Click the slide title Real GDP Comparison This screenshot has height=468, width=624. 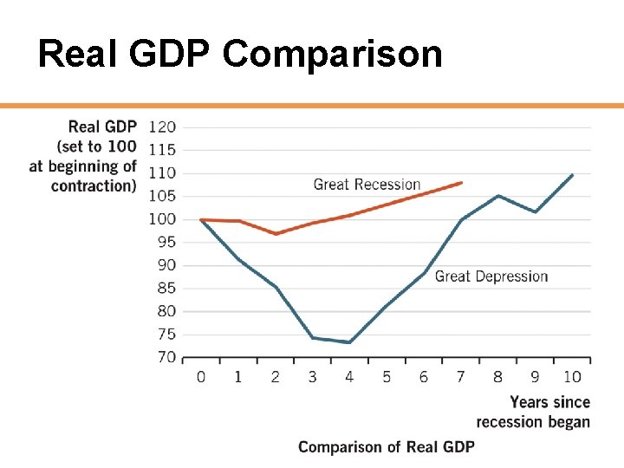(x=240, y=54)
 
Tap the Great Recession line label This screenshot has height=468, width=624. (x=367, y=185)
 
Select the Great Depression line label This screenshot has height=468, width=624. (x=491, y=276)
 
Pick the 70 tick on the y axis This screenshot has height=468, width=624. (x=166, y=357)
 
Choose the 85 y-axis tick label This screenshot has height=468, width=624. (x=166, y=288)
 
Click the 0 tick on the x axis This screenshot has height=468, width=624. (x=201, y=377)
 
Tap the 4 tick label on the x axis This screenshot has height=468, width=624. (x=349, y=377)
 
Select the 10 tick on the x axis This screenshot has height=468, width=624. (x=572, y=377)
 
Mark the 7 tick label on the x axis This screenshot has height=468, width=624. (x=461, y=377)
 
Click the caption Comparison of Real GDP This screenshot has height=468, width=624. (x=387, y=446)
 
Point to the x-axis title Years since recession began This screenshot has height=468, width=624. (x=533, y=412)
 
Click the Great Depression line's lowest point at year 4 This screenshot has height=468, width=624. (x=349, y=342)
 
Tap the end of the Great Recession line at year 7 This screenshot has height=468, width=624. (x=462, y=183)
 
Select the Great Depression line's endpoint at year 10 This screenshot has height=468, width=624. (x=573, y=175)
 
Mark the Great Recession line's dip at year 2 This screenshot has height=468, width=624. (x=276, y=234)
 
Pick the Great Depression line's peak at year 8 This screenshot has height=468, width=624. (x=498, y=196)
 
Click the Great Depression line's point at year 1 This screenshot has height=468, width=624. (x=238, y=259)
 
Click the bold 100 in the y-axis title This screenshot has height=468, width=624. (x=122, y=146)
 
